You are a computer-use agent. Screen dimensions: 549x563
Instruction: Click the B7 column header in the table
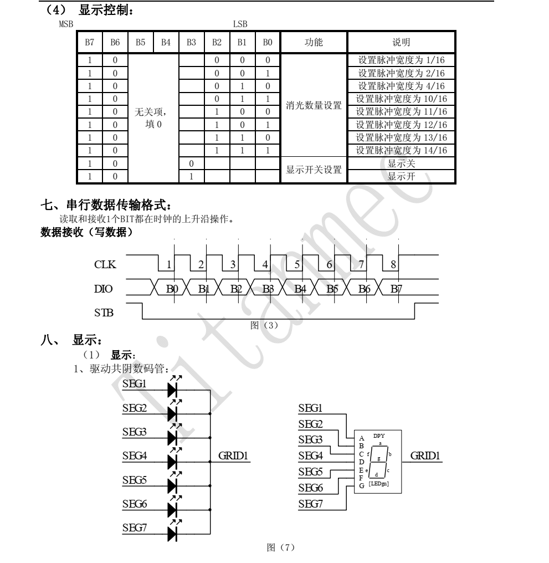coord(89,42)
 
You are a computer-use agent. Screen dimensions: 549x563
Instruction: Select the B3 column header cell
coord(191,42)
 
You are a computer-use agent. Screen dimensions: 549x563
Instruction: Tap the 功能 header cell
coord(314,42)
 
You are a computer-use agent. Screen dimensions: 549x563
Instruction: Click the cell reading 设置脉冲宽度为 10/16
coord(401,99)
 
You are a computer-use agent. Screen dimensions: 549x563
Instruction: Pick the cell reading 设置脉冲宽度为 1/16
coord(401,60)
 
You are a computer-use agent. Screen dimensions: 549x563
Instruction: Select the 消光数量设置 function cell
coord(314,105)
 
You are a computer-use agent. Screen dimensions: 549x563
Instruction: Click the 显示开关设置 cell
coord(314,170)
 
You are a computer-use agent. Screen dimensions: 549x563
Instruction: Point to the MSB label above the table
coord(66,24)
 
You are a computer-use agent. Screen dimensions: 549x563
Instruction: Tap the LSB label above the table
coord(240,24)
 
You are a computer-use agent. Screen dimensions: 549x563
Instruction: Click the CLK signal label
coord(105,265)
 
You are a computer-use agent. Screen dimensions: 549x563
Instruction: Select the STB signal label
coord(104,313)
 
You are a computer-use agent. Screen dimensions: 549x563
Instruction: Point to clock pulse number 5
coord(297,265)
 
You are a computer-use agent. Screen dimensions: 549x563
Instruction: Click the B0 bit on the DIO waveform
coord(172,289)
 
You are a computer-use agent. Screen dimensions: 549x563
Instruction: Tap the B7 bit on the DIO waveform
coord(396,289)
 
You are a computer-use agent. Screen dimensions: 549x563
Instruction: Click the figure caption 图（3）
coord(264,325)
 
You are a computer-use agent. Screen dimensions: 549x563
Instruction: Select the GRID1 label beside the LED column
coord(233,455)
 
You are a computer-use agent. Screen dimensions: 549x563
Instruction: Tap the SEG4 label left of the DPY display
coord(311,455)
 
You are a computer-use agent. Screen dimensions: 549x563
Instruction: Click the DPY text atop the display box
coord(379,436)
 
